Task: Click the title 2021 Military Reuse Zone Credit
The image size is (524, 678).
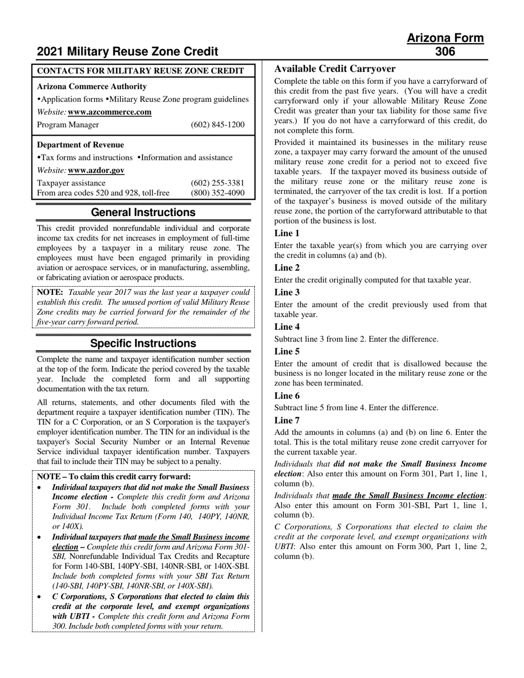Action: tap(127, 52)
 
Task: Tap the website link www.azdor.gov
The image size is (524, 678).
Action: tap(96, 170)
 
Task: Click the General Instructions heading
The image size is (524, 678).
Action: tap(143, 212)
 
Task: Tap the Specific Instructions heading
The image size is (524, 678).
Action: tap(143, 343)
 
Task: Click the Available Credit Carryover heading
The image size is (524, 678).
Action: tap(335, 69)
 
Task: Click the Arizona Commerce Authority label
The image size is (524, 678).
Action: tap(92, 87)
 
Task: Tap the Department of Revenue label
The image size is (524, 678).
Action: tap(81, 145)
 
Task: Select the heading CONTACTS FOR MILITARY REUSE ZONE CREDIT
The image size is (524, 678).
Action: tap(140, 71)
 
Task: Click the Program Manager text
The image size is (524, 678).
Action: tap(68, 125)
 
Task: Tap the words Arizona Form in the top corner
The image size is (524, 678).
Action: tap(445, 38)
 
